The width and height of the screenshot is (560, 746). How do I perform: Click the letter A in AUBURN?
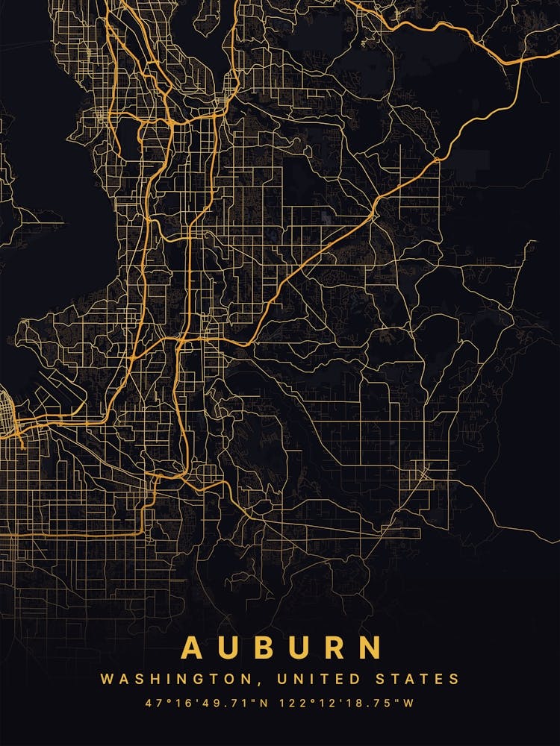pyautogui.click(x=192, y=647)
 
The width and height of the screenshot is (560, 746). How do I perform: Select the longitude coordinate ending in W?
pyautogui.click(x=347, y=703)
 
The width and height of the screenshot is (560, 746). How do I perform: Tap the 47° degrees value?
pyautogui.click(x=158, y=703)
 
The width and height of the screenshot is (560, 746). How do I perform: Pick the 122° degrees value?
pyautogui.click(x=293, y=703)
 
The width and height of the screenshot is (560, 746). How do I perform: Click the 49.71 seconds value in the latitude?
pyautogui.click(x=231, y=703)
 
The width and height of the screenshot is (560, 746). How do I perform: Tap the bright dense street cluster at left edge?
pyautogui.click(x=9, y=418)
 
